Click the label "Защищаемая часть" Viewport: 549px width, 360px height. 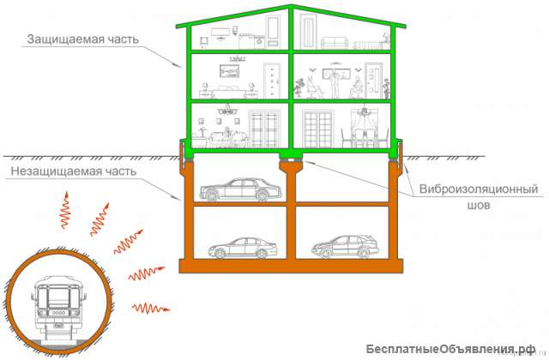coord(83,39)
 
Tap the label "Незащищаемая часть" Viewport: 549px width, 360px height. coord(74,171)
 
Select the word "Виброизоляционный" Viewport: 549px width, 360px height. coord(479,189)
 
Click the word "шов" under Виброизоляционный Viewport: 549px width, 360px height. coord(479,206)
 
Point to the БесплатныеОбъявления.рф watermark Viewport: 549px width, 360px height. coord(451,349)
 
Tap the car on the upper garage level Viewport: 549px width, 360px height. coord(240,190)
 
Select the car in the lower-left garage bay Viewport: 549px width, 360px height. coord(243,248)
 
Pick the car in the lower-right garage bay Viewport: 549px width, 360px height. coord(345,246)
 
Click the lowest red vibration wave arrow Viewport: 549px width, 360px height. coord(151,309)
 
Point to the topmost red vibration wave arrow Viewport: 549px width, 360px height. coord(65,210)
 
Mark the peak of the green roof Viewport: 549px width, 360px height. coord(291,6)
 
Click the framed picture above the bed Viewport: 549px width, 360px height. coord(229,71)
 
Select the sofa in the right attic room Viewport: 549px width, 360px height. coord(335,43)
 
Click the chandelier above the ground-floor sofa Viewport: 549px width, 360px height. coord(227,110)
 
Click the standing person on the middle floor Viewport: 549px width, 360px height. coord(335,83)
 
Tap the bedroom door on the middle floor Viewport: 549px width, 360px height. coord(273,80)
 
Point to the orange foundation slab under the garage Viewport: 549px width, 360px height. coord(291,266)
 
